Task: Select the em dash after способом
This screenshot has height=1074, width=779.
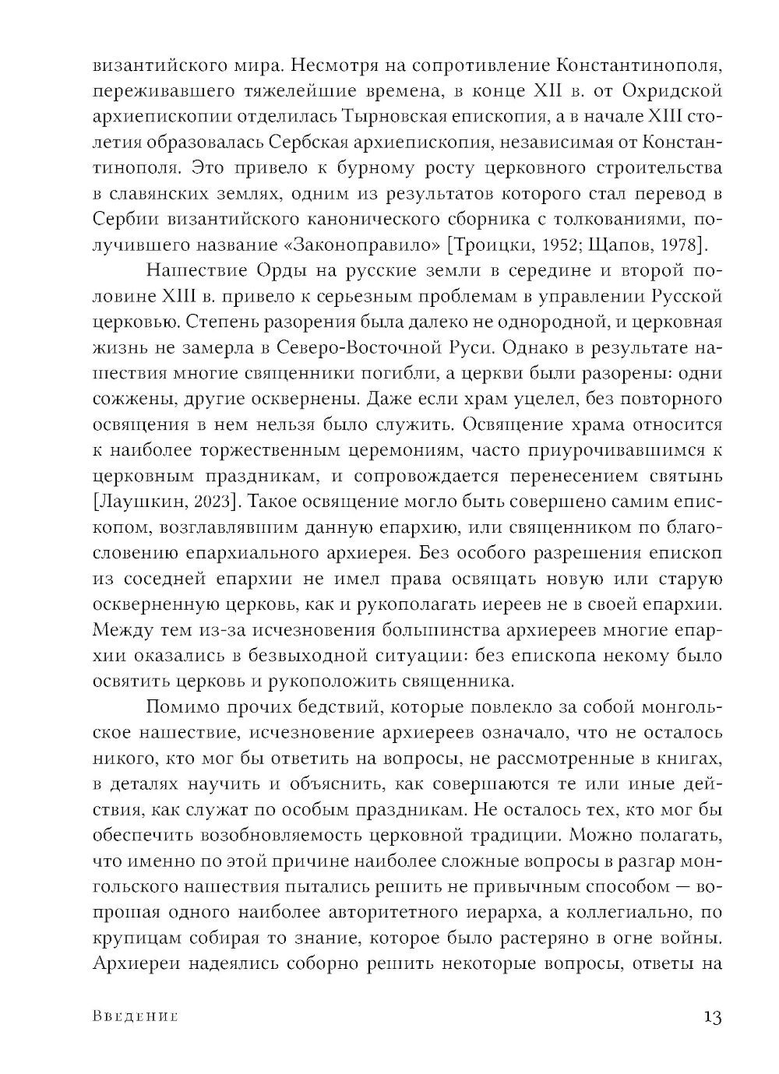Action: tap(680, 887)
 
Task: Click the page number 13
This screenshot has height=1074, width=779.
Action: tap(712, 1017)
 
